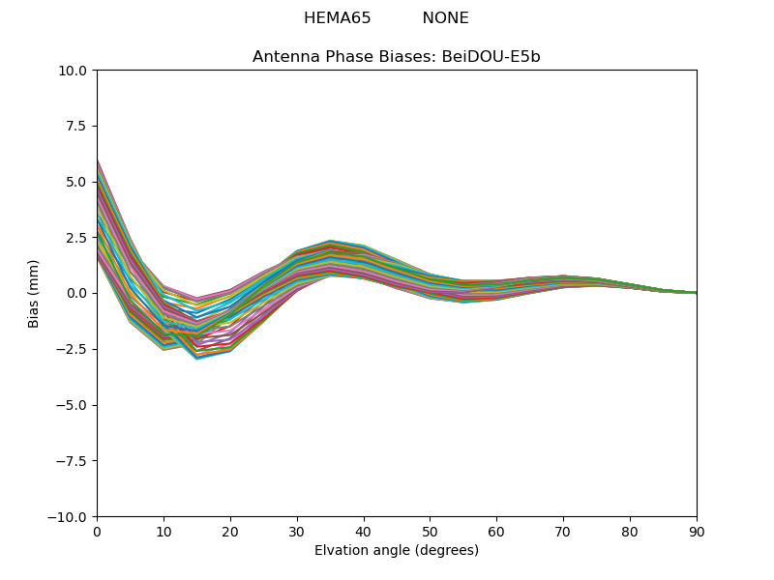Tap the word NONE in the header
(445, 18)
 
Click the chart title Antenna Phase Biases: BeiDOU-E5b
(397, 57)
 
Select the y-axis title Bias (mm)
(34, 293)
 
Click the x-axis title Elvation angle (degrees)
(397, 551)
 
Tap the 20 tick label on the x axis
(230, 531)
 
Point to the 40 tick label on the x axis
(364, 531)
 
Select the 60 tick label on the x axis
(496, 531)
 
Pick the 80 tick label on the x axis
(630, 531)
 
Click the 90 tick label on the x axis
(697, 531)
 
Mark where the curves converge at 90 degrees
(696, 293)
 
